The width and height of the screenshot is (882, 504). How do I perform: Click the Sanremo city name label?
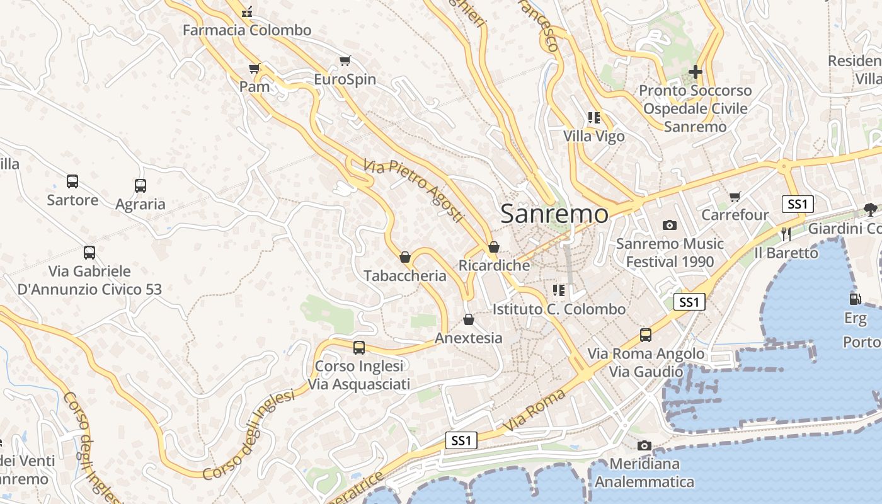554,214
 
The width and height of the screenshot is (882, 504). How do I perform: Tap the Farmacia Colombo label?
247,30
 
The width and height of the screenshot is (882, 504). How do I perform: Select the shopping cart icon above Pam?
255,68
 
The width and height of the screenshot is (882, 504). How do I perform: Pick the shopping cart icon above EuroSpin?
345,61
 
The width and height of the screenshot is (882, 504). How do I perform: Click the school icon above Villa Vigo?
593,118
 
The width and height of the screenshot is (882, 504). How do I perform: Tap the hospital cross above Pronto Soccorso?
695,72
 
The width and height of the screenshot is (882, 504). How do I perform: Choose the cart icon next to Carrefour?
735,197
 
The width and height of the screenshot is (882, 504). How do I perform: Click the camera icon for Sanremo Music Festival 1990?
670,225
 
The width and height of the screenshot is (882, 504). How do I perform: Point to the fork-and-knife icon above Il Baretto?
786,234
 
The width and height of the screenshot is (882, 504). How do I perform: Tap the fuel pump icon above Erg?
855,299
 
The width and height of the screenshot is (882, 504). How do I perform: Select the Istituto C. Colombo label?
559,309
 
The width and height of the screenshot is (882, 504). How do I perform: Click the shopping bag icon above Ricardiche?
494,247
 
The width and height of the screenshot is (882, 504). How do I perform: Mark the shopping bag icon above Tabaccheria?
405,257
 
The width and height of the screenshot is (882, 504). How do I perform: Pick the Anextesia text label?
469,338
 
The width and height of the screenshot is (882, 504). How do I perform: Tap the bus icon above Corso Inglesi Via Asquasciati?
359,347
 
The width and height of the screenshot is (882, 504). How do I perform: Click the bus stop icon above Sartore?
72,181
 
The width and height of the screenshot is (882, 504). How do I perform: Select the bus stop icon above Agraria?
140,186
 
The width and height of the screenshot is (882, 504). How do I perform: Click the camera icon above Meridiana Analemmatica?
644,446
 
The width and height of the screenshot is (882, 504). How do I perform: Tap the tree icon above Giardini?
870,210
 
